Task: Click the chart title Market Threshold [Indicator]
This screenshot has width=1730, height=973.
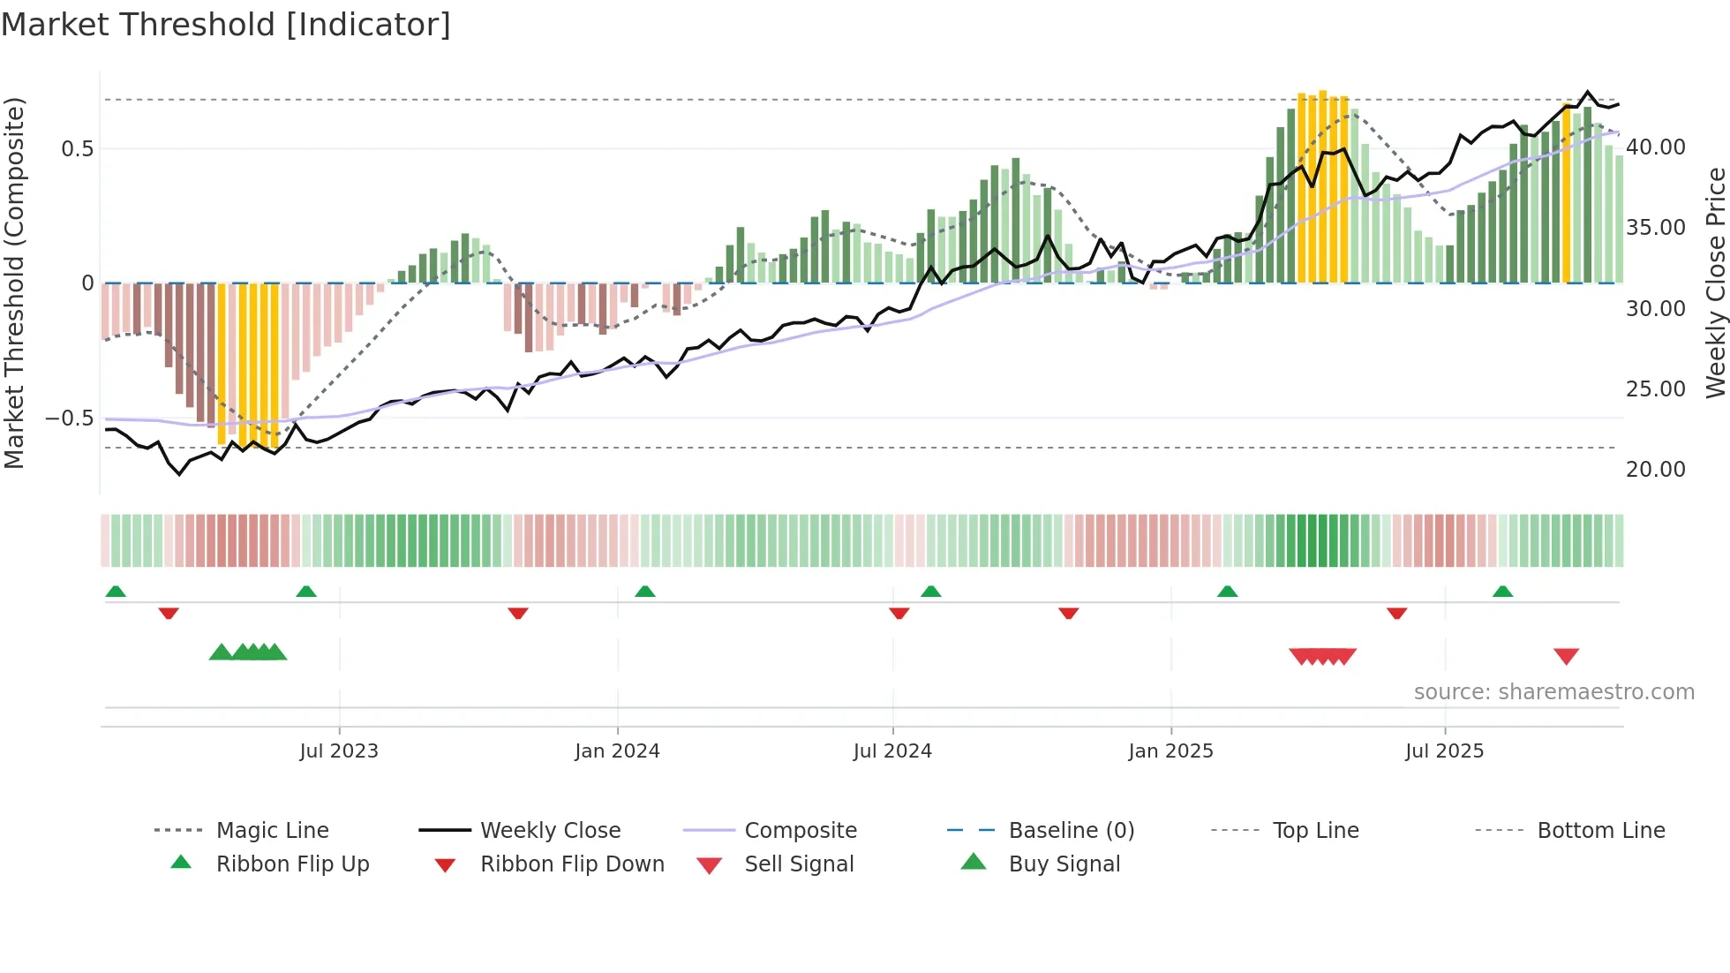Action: pyautogui.click(x=226, y=25)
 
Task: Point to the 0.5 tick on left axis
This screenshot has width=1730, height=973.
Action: pyautogui.click(x=78, y=148)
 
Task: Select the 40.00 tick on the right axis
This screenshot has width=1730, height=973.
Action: pyautogui.click(x=1655, y=147)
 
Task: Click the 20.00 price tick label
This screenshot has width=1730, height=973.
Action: pyautogui.click(x=1655, y=470)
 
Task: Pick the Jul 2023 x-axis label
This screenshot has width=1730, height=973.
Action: pyautogui.click(x=339, y=751)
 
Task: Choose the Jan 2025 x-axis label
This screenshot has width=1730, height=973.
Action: pyautogui.click(x=1170, y=751)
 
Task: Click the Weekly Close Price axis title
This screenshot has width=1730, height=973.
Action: pyautogui.click(x=1715, y=283)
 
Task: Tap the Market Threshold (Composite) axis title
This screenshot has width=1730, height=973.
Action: pyautogui.click(x=14, y=283)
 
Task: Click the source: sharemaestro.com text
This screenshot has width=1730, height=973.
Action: pyautogui.click(x=1553, y=692)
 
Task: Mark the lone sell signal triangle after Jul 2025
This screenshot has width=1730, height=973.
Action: pyautogui.click(x=1566, y=656)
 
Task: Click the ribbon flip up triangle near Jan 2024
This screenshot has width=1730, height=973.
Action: pyautogui.click(x=645, y=592)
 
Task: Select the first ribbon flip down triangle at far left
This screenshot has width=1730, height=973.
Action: pyautogui.click(x=169, y=613)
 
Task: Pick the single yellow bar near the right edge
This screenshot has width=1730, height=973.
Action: pyautogui.click(x=1567, y=194)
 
